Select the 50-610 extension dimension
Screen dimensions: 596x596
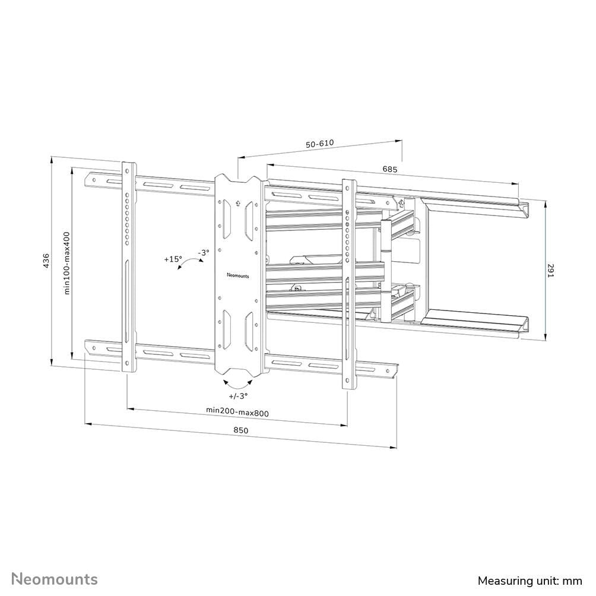(320, 144)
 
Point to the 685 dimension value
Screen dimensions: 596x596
(389, 169)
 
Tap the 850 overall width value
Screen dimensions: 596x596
(240, 430)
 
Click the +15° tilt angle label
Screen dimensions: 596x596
(173, 259)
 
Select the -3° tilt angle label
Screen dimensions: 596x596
(204, 253)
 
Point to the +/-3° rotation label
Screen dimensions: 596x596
(237, 395)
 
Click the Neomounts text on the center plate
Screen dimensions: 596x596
(238, 275)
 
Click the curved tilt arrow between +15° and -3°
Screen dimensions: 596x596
(189, 265)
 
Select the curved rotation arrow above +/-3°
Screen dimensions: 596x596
(238, 381)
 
